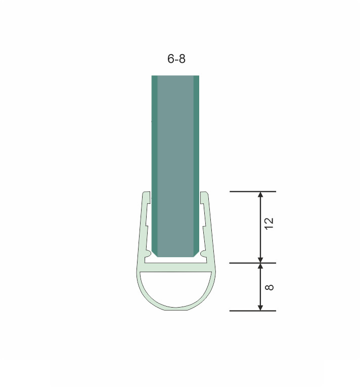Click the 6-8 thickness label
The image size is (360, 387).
click(176, 59)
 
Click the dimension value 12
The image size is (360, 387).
click(269, 224)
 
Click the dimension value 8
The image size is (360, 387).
click(269, 287)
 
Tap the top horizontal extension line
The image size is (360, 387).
click(253, 192)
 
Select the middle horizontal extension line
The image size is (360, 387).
click(253, 263)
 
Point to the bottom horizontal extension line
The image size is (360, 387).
click(253, 311)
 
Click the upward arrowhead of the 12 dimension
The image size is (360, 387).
click(260, 195)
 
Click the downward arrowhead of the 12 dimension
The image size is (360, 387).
click(260, 260)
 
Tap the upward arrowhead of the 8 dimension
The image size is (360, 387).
click(260, 266)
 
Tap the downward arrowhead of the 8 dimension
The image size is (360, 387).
click(260, 308)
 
